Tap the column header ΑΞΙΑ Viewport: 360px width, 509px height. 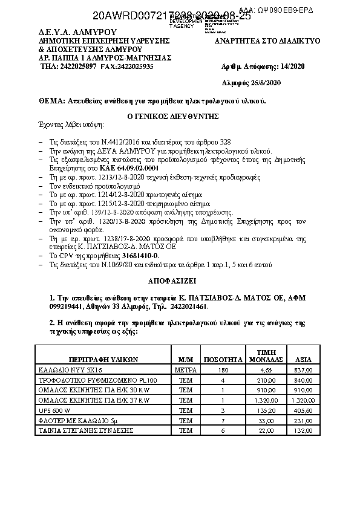303,358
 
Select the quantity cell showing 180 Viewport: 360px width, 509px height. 223,369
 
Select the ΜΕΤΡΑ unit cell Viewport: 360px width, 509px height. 186,369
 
